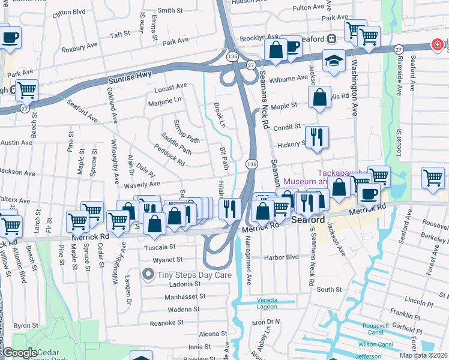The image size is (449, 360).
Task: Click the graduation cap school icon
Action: tap(334, 60)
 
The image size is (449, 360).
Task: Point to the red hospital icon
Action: tap(436, 45)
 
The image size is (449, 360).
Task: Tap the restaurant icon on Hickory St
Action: tap(317, 137)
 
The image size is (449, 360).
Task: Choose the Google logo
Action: tap(20, 353)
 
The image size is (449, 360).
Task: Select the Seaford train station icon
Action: tap(331, 38)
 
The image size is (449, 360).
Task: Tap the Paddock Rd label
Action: tap(169, 155)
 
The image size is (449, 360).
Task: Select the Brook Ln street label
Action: tap(220, 115)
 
